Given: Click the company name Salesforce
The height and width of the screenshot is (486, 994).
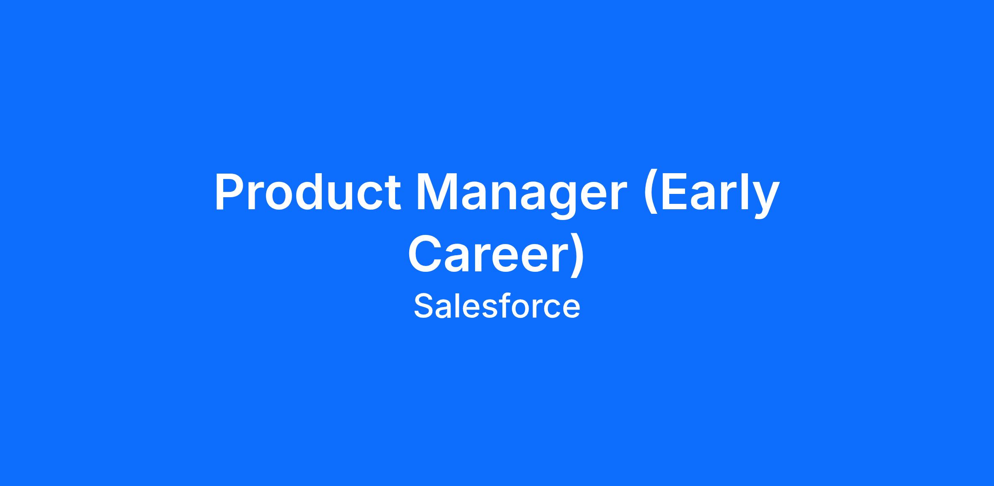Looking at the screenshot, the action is click(497, 307).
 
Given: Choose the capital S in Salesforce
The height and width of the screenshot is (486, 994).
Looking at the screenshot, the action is click(423, 306).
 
